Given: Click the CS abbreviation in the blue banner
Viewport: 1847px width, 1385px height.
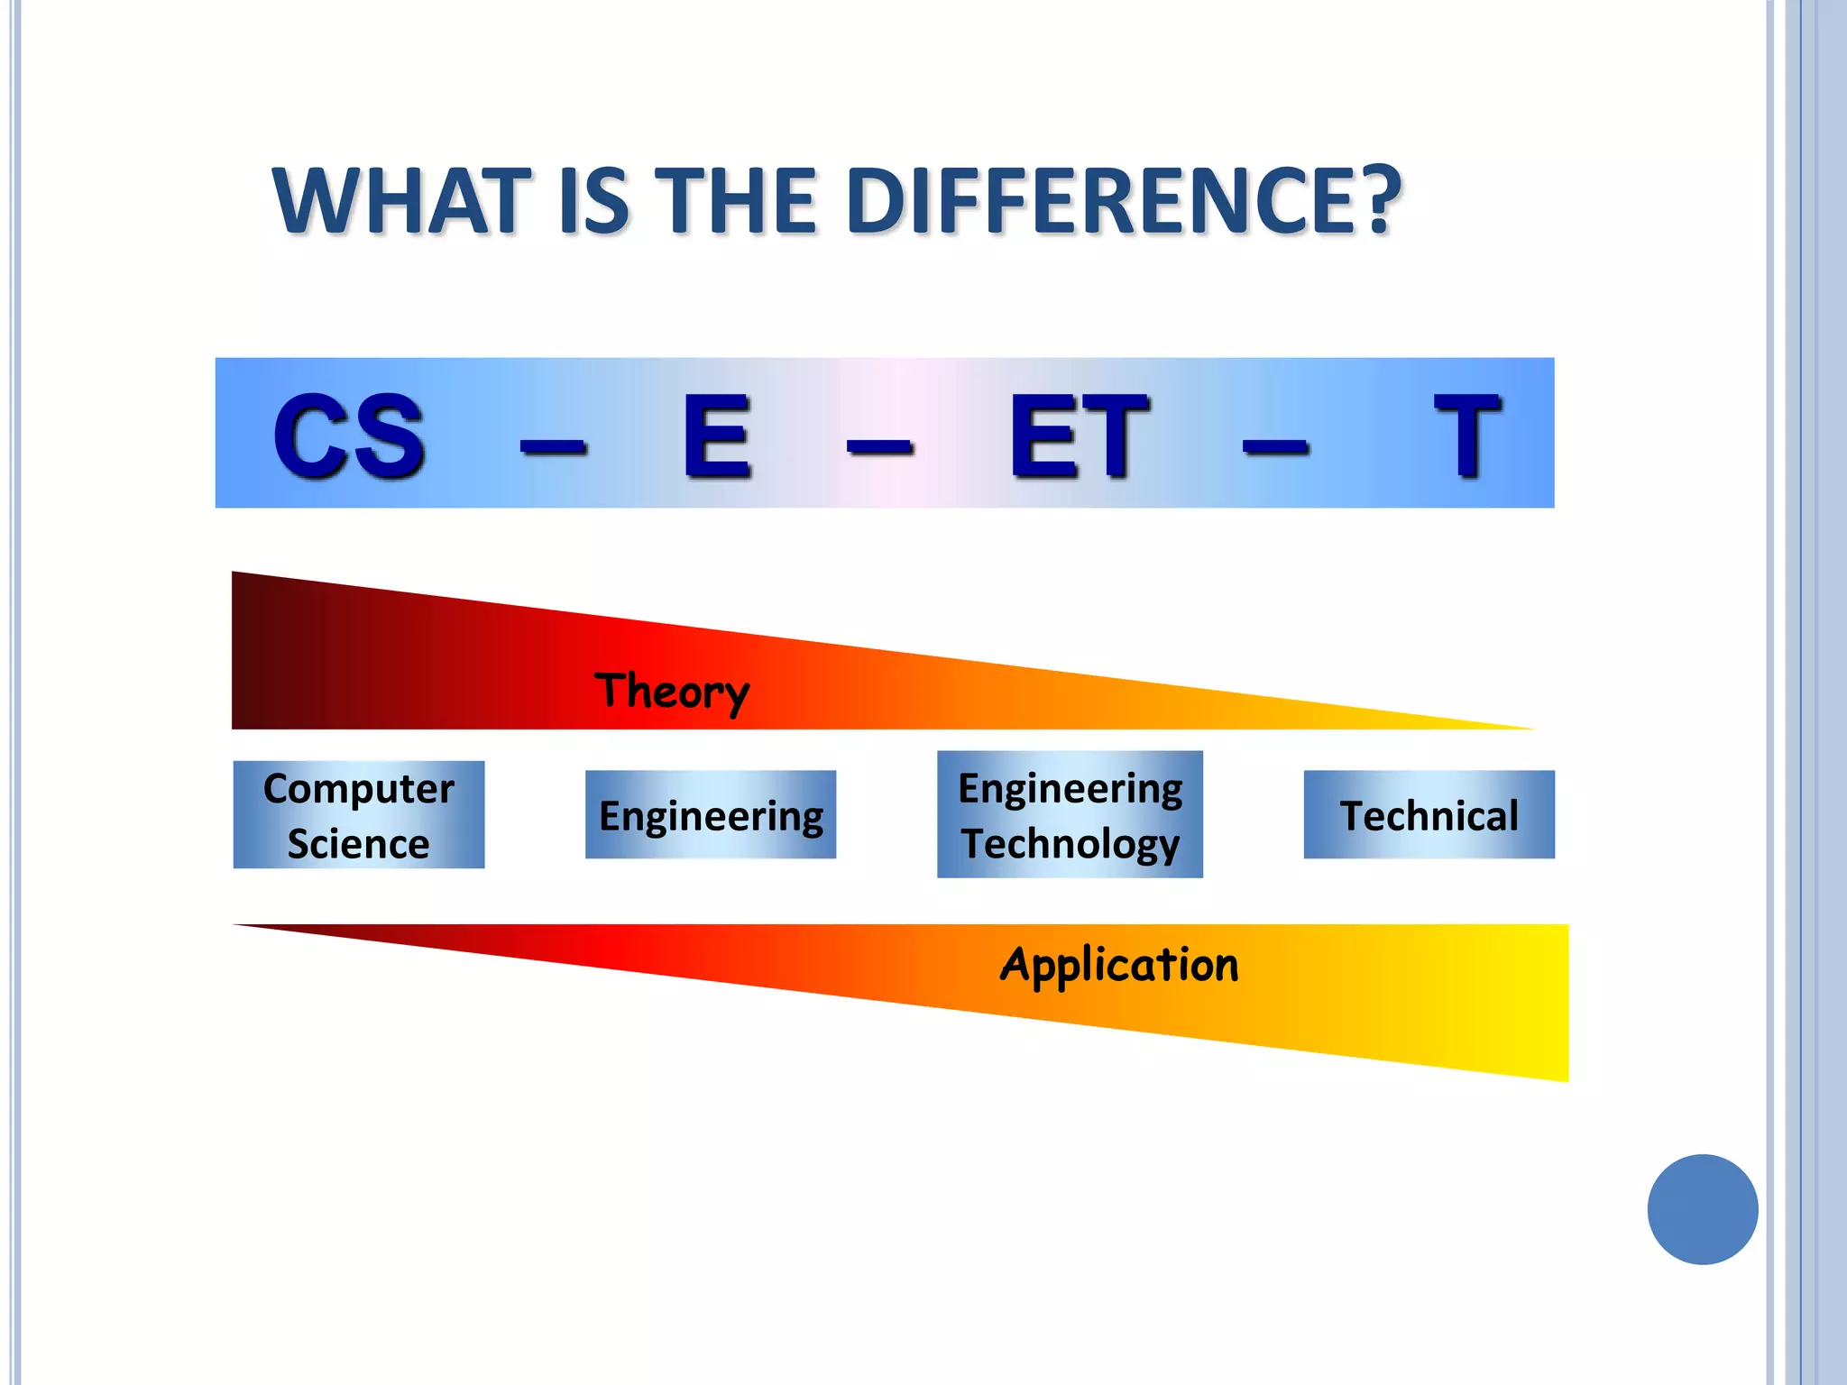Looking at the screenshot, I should pos(349,436).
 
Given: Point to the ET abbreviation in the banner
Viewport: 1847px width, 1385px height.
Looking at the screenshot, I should pos(1079,436).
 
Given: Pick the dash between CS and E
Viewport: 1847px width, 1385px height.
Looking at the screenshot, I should pos(554,445).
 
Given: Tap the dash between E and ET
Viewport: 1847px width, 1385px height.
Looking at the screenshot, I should pos(879,445).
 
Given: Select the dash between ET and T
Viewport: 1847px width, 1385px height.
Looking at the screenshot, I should pos(1275,445).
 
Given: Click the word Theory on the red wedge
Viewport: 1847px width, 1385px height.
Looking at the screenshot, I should pos(672,692).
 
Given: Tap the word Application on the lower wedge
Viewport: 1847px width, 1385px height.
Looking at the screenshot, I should pos(1119,966).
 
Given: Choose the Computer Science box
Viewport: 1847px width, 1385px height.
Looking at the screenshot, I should pos(359,815).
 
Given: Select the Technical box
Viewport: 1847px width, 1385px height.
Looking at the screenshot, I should pos(1429,815).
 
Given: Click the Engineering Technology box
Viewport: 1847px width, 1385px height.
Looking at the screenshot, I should pos(1070,815).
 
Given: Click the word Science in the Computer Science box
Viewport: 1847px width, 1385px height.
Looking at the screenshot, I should pos(358,844).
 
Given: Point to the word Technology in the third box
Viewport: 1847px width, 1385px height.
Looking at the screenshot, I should pos(1071,845).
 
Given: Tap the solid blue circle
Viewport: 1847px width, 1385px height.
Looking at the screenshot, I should pos(1702,1209).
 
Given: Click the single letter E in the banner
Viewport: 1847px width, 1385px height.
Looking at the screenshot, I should pos(717,436).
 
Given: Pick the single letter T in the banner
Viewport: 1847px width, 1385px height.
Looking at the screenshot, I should pos(1466,436).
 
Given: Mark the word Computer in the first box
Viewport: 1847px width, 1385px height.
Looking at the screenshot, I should pos(359,789).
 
